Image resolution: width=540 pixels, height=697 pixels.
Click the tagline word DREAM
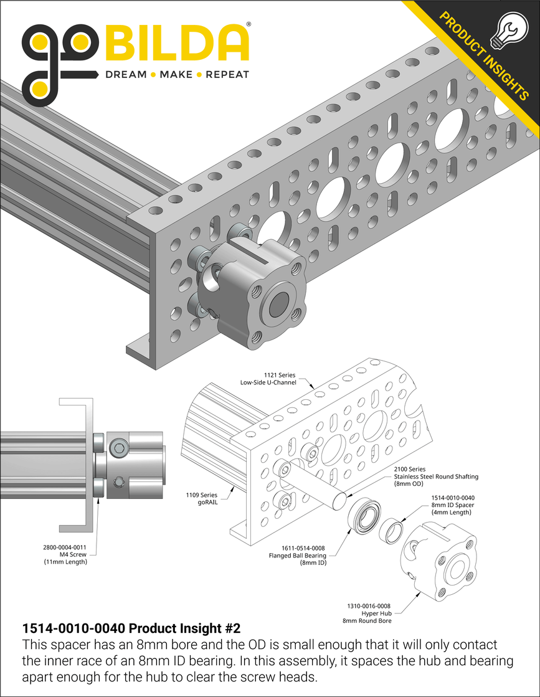pyautogui.click(x=126, y=75)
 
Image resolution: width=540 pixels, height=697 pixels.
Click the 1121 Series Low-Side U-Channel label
pyautogui.click(x=268, y=379)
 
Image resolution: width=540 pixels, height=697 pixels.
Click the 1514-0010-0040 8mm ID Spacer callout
pyautogui.click(x=453, y=505)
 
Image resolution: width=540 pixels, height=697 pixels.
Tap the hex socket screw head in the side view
pyautogui.click(x=120, y=447)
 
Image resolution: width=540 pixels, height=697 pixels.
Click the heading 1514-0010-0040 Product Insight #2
pyautogui.click(x=131, y=628)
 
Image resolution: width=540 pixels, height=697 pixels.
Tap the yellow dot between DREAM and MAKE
pyautogui.click(x=153, y=75)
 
